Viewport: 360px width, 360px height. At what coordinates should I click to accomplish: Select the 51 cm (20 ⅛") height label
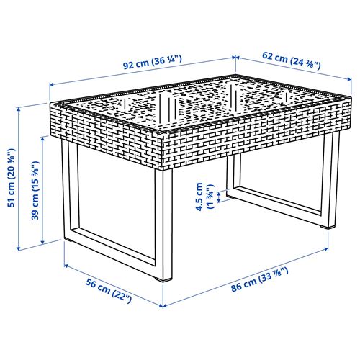point(11,177)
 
